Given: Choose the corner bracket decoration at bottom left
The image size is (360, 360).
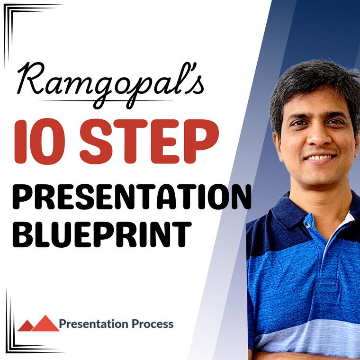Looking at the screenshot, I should tap(14, 341).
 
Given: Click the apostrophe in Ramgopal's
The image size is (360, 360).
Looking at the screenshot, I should tap(184, 71).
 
